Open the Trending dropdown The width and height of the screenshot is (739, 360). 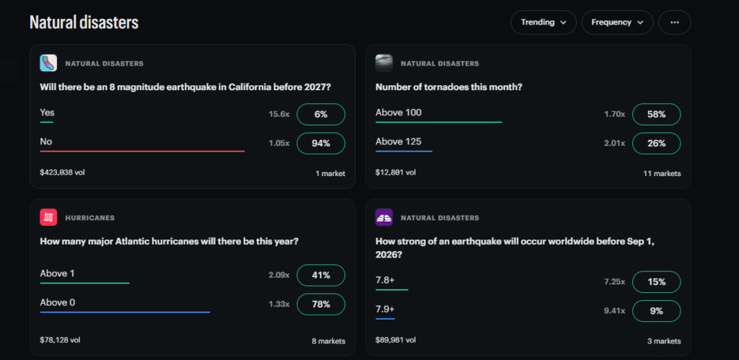(x=543, y=22)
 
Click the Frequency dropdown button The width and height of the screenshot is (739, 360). (x=618, y=22)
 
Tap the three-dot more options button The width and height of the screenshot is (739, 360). (x=675, y=22)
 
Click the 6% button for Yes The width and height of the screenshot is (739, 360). (x=321, y=115)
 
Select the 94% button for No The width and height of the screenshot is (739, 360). (x=321, y=144)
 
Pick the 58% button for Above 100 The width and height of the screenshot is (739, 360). (x=657, y=115)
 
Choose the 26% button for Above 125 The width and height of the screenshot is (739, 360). (x=657, y=144)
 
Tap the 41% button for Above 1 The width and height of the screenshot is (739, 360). (x=321, y=275)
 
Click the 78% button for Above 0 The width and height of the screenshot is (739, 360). (x=321, y=304)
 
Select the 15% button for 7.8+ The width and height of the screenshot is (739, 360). (x=657, y=282)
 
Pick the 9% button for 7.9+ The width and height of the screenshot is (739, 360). (x=657, y=311)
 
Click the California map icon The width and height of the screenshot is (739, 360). (x=48, y=63)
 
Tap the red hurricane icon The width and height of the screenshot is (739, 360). (x=48, y=217)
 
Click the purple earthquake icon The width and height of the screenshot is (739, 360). (x=384, y=217)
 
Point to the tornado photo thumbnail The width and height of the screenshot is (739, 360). (x=384, y=63)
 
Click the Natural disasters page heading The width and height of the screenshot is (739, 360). (x=84, y=22)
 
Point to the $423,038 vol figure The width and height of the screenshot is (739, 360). (x=62, y=172)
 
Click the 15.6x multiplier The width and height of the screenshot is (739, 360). (x=279, y=115)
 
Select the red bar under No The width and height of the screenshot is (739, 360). (x=142, y=152)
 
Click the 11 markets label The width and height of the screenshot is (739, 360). (x=663, y=173)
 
